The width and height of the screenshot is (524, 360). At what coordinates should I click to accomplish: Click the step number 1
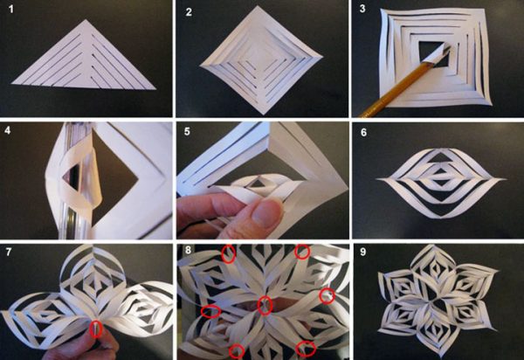coord(11,10)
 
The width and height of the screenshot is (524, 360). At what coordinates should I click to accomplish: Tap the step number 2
coord(189,12)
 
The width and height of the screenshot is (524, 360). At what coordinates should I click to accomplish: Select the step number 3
coord(362,9)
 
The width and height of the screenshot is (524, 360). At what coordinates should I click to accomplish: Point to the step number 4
coord(8,129)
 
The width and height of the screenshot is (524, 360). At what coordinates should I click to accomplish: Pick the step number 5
coord(187,131)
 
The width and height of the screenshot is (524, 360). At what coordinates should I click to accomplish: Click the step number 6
coord(363,133)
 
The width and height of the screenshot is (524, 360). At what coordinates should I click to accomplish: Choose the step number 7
coord(9,252)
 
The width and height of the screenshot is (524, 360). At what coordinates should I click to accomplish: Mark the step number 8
coord(188,250)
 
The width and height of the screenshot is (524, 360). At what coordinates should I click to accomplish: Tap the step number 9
coord(363,252)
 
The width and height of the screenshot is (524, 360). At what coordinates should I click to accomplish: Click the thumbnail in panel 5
coord(266,214)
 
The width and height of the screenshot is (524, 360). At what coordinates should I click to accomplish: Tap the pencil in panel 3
coord(404,81)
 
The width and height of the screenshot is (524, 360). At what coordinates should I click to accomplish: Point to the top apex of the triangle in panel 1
coord(86,19)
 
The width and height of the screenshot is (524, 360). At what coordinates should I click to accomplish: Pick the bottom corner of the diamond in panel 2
coord(264,114)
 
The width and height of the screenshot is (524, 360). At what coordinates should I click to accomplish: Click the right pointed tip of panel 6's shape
coord(505,179)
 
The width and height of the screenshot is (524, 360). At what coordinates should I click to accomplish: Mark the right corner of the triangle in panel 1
coord(155,89)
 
